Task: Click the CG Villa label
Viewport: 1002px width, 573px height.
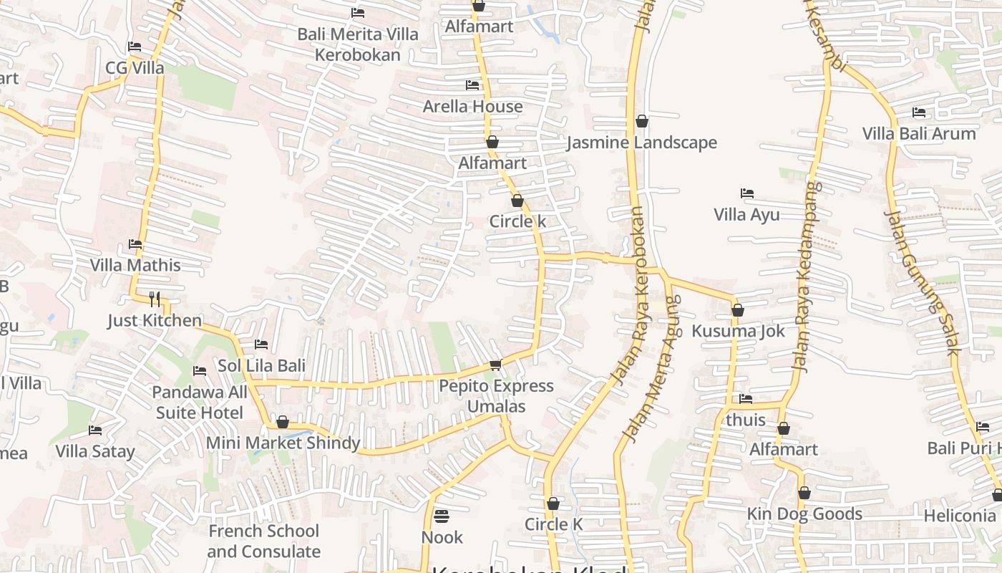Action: point(135,68)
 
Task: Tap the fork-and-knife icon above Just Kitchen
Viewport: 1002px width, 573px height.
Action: point(155,299)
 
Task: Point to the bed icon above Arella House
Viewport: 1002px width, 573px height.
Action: point(472,85)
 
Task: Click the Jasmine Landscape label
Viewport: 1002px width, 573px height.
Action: point(641,143)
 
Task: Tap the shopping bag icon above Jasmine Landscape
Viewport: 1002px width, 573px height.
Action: point(642,121)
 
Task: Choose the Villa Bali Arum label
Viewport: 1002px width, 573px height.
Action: point(918,134)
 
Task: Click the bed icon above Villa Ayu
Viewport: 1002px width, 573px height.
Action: point(747,193)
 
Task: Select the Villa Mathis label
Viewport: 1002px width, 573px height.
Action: point(135,265)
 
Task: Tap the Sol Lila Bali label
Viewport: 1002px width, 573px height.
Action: point(261,365)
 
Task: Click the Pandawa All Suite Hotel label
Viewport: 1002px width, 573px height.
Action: point(200,403)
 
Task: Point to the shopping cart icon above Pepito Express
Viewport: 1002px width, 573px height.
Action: point(495,365)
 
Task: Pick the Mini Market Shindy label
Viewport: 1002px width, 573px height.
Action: point(283,443)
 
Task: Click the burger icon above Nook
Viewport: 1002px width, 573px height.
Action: point(442,516)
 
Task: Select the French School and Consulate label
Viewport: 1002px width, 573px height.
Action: point(263,541)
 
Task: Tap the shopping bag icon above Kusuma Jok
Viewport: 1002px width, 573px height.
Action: point(738,310)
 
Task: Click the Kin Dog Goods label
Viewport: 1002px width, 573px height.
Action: point(804,514)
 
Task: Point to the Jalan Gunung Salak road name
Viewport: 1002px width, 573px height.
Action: point(920,282)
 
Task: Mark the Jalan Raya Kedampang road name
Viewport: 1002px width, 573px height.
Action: point(806,276)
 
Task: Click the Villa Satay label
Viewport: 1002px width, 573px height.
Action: point(95,451)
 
